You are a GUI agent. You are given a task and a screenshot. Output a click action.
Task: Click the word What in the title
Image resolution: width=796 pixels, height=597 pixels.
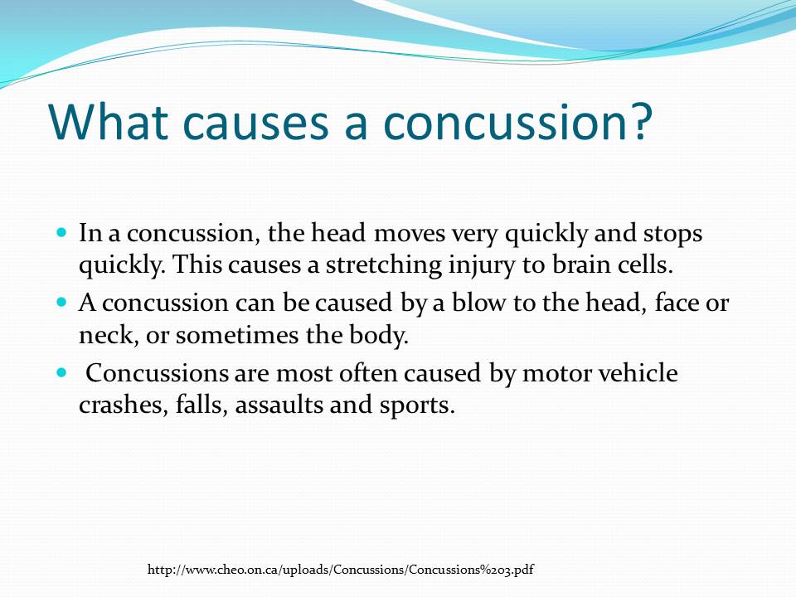pos(112,120)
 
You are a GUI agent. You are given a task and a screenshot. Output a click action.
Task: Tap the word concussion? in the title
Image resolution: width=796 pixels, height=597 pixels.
pos(514,120)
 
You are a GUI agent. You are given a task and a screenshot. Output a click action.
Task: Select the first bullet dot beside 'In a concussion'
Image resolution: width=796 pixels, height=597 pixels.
pos(61,235)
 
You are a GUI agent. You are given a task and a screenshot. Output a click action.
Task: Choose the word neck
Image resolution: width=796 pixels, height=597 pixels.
pos(101,336)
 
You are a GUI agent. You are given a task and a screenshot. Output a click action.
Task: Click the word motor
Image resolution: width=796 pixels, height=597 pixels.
pos(554,374)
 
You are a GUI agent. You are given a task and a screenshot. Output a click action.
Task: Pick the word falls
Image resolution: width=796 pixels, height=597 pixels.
pos(197,406)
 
